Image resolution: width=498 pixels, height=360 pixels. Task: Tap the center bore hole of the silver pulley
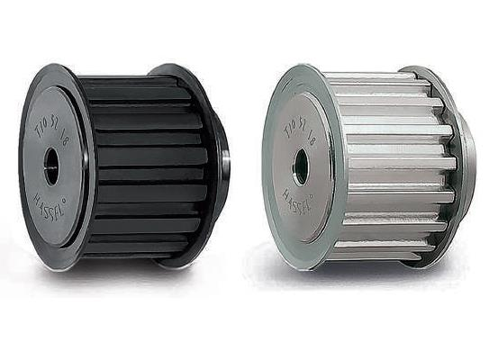300,166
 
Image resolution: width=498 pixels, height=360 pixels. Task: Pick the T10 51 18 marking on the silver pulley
300,120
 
